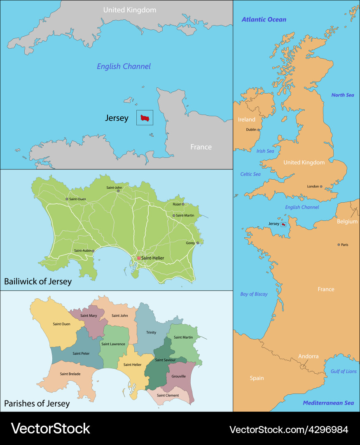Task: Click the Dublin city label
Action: (x=251, y=129)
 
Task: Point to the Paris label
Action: (x=344, y=245)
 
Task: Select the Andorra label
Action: (x=309, y=356)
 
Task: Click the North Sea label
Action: (x=343, y=95)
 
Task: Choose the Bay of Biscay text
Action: (x=254, y=294)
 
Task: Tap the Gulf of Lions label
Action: (x=344, y=371)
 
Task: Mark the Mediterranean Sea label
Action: (x=328, y=403)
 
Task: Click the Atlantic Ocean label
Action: (x=264, y=19)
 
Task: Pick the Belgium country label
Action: (x=347, y=222)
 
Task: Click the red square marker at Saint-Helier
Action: (x=139, y=258)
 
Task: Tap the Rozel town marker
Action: (x=183, y=204)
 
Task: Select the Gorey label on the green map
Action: (x=190, y=243)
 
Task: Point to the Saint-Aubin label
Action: (x=83, y=251)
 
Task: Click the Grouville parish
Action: (x=178, y=376)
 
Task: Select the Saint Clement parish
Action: (x=168, y=396)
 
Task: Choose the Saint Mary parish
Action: (x=89, y=316)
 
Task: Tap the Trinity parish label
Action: (x=151, y=332)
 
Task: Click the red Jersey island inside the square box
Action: (x=145, y=118)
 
